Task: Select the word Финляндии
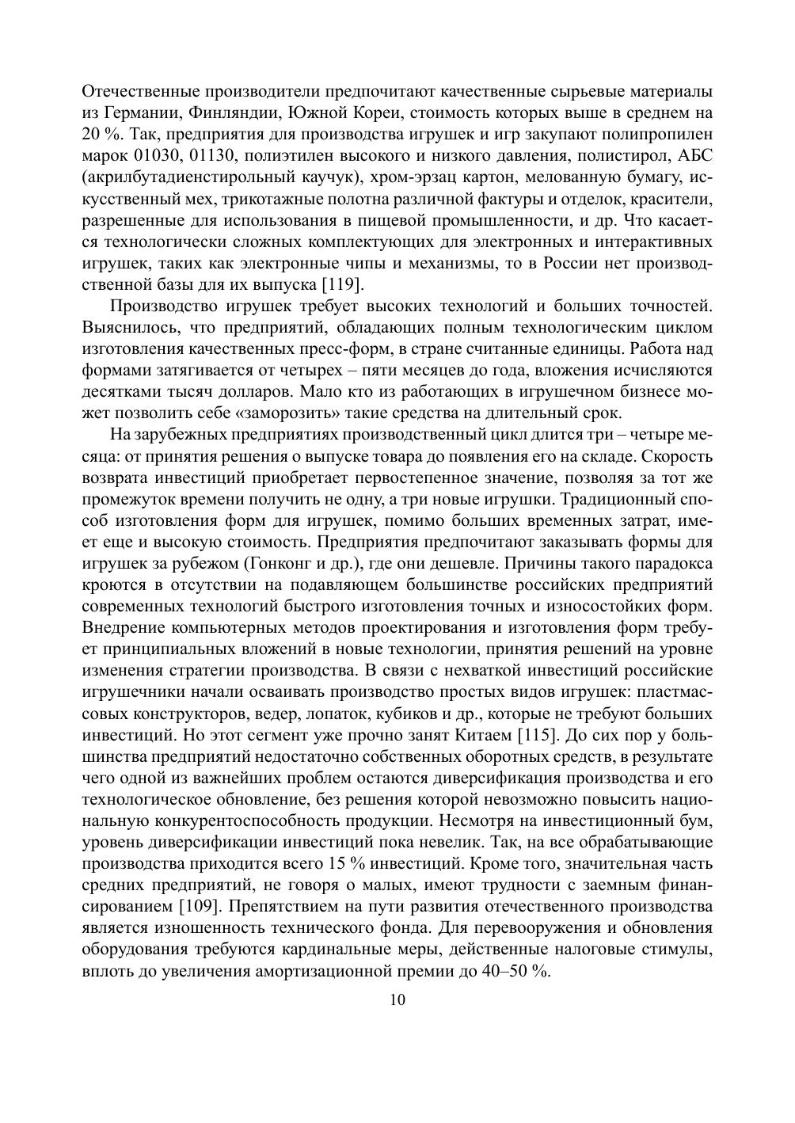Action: pyautogui.click(x=230, y=112)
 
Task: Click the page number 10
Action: pyautogui.click(x=397, y=999)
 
